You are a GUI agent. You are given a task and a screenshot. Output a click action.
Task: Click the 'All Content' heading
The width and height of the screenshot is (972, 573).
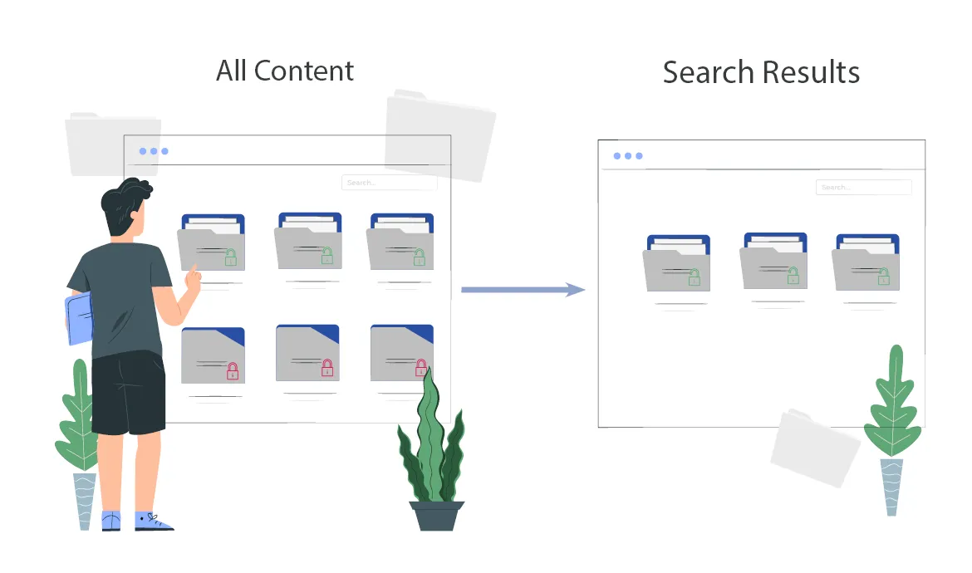(285, 71)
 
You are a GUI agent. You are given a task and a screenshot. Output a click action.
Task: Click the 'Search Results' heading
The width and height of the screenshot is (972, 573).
(761, 72)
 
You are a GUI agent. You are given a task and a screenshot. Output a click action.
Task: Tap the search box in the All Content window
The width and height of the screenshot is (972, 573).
(389, 183)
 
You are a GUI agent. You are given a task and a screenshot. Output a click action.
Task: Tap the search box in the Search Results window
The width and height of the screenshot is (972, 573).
(863, 188)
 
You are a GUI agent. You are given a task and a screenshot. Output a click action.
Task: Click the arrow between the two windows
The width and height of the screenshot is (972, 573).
(523, 289)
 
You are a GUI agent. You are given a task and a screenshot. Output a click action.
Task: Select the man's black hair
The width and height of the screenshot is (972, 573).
(124, 203)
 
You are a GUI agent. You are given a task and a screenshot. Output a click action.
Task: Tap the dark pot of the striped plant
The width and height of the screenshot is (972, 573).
(437, 515)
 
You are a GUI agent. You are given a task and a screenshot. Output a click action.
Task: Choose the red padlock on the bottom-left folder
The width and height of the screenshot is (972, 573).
(233, 371)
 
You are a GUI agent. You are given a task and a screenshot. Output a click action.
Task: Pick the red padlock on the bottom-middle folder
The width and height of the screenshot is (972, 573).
(327, 367)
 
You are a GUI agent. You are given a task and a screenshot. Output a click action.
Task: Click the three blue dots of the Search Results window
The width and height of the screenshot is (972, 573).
(628, 156)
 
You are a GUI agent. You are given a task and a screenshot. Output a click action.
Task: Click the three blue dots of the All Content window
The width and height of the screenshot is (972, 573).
(154, 151)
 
